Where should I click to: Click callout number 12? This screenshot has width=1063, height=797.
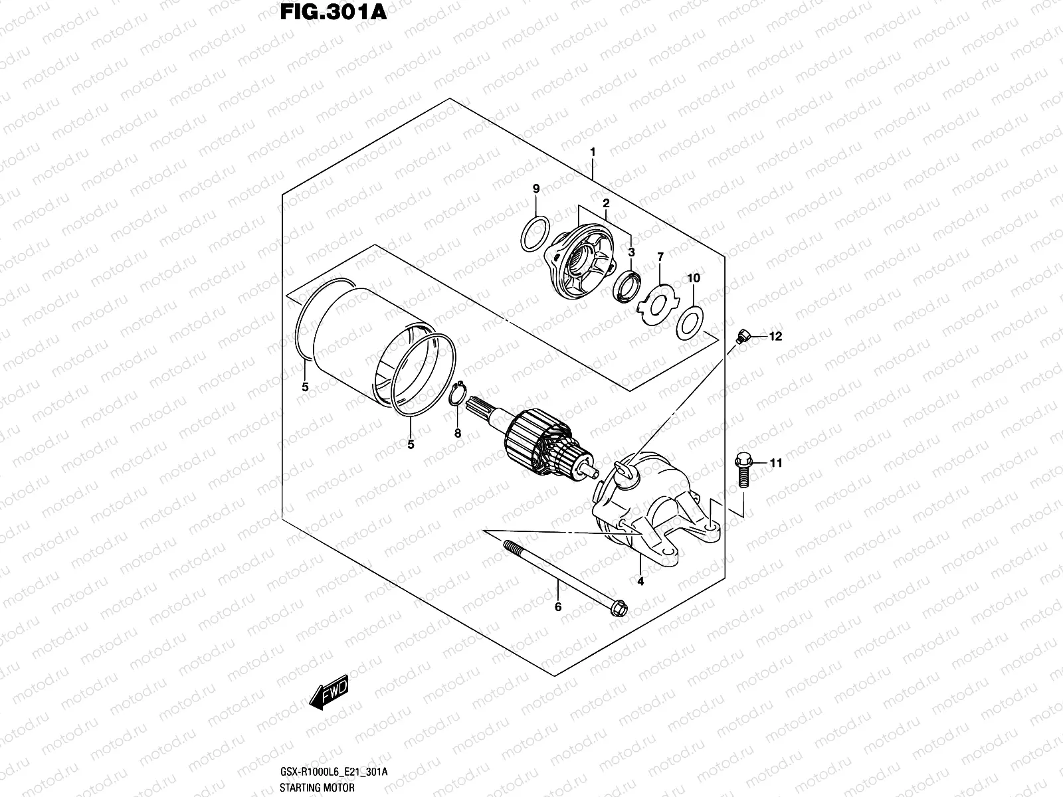tap(775, 337)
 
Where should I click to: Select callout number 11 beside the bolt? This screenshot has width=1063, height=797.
tap(775, 463)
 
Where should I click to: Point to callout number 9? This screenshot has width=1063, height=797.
tap(536, 190)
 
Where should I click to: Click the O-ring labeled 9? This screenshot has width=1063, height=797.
tap(535, 234)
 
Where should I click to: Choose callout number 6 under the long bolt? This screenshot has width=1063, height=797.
tap(558, 606)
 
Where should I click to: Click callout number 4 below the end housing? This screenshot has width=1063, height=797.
tap(640, 582)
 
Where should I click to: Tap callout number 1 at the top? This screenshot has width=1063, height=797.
tap(593, 152)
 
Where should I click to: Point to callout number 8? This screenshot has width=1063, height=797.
tap(457, 434)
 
